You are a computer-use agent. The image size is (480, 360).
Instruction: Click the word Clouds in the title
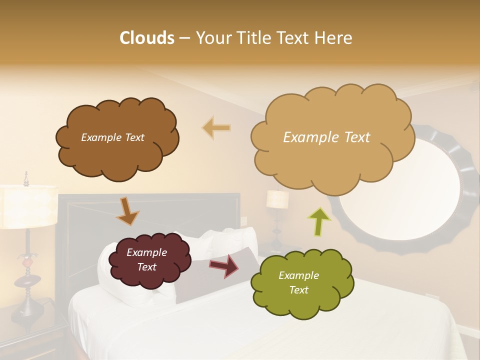[x=147, y=38]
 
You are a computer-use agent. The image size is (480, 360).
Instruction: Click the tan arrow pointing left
[x=216, y=128]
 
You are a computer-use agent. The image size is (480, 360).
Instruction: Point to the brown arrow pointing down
[x=127, y=210]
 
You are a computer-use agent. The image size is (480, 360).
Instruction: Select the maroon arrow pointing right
[x=223, y=266]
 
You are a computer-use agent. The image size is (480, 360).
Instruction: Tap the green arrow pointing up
[x=318, y=221]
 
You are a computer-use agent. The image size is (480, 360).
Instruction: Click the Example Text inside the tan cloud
[x=326, y=137]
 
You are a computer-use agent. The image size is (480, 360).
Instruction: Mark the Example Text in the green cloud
[x=298, y=282]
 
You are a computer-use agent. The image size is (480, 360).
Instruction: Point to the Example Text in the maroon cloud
[x=146, y=260]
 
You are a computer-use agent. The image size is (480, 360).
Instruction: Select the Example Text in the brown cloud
[x=112, y=137]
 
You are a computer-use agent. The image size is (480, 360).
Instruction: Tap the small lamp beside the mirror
[x=277, y=200]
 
